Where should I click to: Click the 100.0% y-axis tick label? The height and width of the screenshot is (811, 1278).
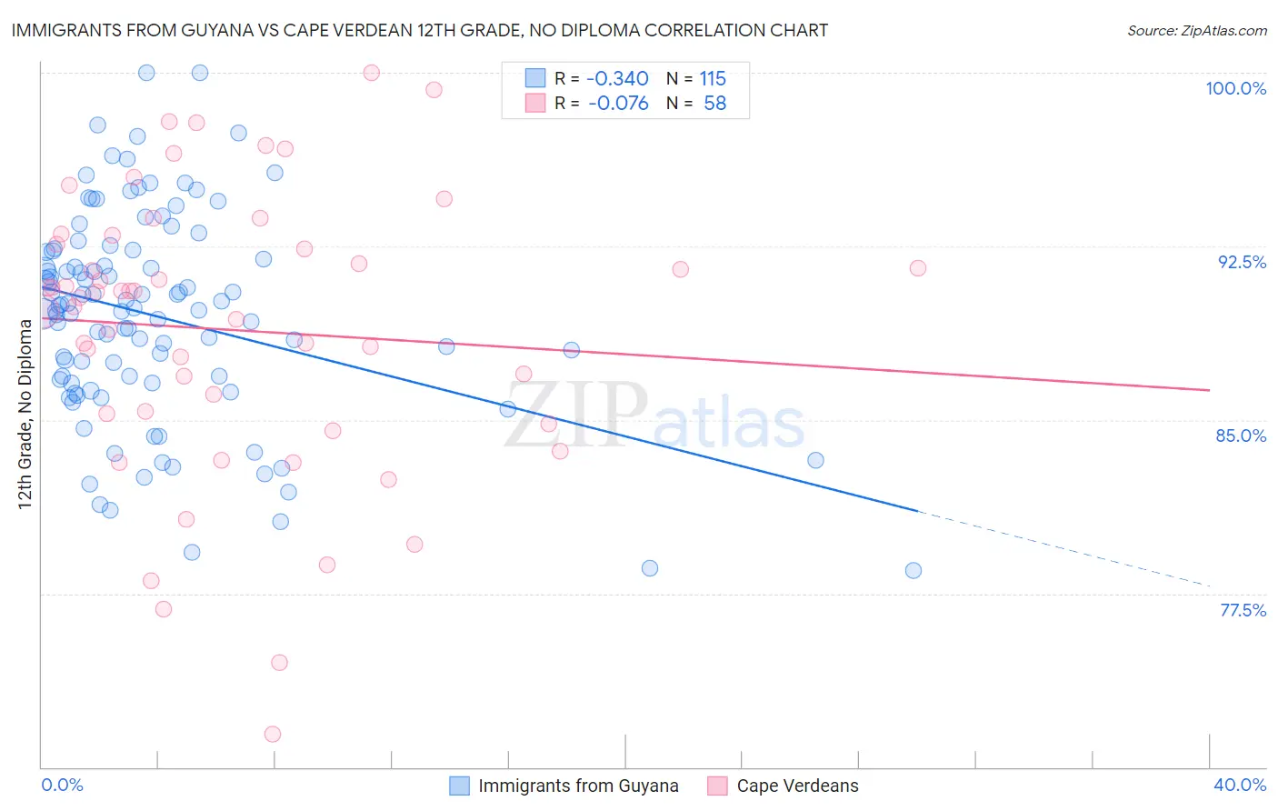point(1235,88)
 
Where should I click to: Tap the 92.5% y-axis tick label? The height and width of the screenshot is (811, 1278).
point(1242,262)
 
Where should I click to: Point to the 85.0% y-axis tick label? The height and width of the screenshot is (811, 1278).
point(1241,436)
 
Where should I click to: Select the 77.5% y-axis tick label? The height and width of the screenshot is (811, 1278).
point(1243,610)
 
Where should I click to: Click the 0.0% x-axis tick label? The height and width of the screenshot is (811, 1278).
point(62,785)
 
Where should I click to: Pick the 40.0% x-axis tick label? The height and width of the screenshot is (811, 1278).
point(1239,785)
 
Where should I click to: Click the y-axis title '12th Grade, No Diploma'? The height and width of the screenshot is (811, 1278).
point(25,414)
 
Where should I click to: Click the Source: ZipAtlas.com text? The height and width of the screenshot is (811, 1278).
point(1196,30)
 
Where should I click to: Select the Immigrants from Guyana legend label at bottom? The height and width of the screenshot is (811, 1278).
point(578,786)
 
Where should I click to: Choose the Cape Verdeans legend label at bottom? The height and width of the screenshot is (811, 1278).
point(797,786)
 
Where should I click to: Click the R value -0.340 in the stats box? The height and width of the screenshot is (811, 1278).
point(618,78)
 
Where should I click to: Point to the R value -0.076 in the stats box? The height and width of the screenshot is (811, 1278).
point(618,103)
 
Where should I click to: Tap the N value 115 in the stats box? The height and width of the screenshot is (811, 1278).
point(713,78)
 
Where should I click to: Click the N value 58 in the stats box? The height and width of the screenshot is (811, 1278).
point(714,103)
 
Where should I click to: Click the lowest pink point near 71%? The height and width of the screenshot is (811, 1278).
point(273,734)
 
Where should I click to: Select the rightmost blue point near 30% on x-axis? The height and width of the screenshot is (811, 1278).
point(914,570)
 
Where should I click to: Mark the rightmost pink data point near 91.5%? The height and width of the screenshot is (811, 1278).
point(918,267)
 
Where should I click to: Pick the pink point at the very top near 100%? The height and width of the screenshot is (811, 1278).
point(371,73)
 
